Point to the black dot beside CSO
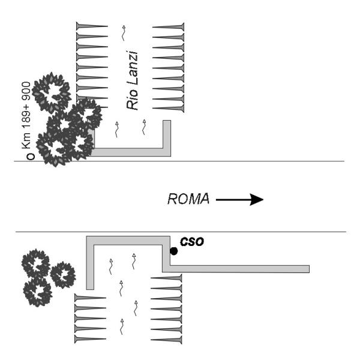(x=173, y=251)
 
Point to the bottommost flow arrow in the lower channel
(x=123, y=326)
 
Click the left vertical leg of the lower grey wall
(x=90, y=264)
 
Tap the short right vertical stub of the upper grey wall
(x=167, y=135)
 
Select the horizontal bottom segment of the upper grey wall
(x=129, y=152)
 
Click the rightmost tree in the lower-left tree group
(x=62, y=274)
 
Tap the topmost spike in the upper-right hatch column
(x=169, y=27)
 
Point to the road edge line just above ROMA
(x=180, y=161)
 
